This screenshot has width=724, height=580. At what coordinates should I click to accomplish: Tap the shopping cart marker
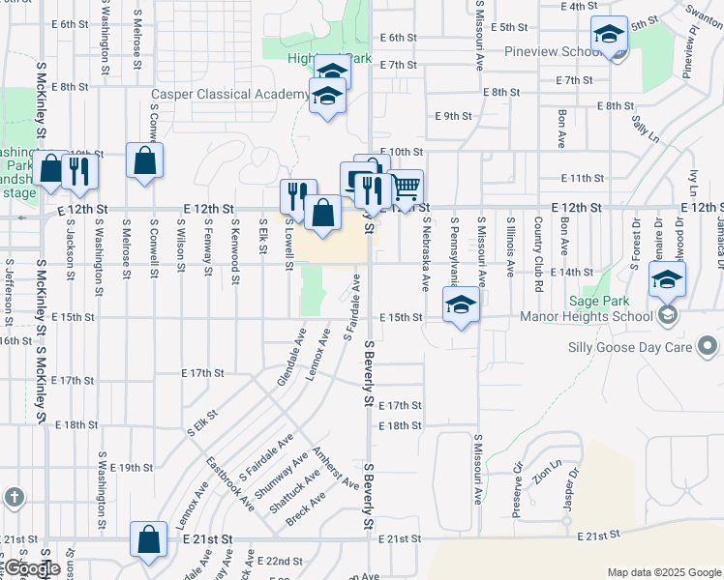coord(407,185)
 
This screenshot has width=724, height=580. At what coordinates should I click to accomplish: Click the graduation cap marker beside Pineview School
coord(609,37)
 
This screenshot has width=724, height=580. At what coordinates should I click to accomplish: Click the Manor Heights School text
coord(601,316)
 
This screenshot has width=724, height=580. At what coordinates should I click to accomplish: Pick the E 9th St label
coord(453,116)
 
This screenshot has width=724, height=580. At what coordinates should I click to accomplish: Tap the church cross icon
coord(14,498)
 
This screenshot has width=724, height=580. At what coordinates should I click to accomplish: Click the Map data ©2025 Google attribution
coord(664,572)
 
